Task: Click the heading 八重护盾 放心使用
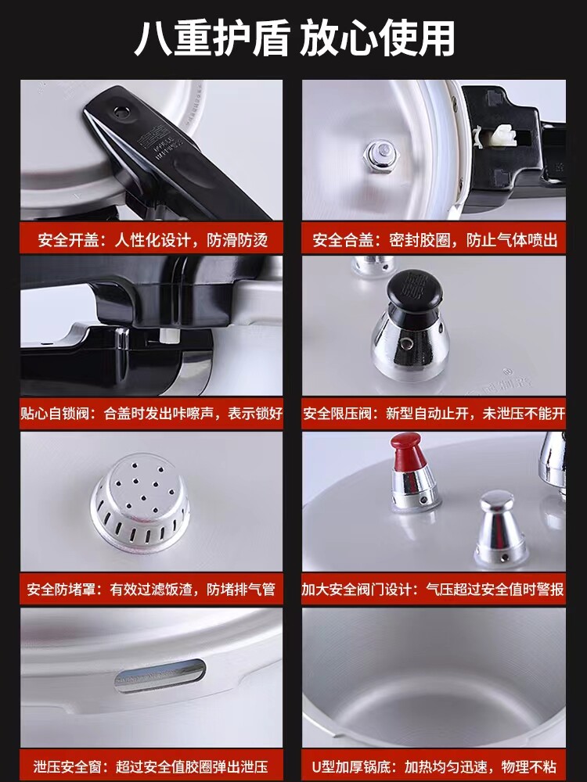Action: point(294,38)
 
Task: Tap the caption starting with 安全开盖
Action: point(153,240)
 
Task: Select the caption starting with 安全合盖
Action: point(434,240)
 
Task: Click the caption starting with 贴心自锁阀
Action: point(151,414)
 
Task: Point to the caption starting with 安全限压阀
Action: point(434,414)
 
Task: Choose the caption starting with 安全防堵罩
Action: point(151,590)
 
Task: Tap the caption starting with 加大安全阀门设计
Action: point(433,590)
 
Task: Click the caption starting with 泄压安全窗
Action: point(151,766)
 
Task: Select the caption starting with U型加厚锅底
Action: point(434,766)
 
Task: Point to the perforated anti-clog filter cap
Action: point(140,501)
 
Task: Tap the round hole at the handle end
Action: point(121,112)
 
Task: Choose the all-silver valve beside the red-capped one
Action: point(501,529)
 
